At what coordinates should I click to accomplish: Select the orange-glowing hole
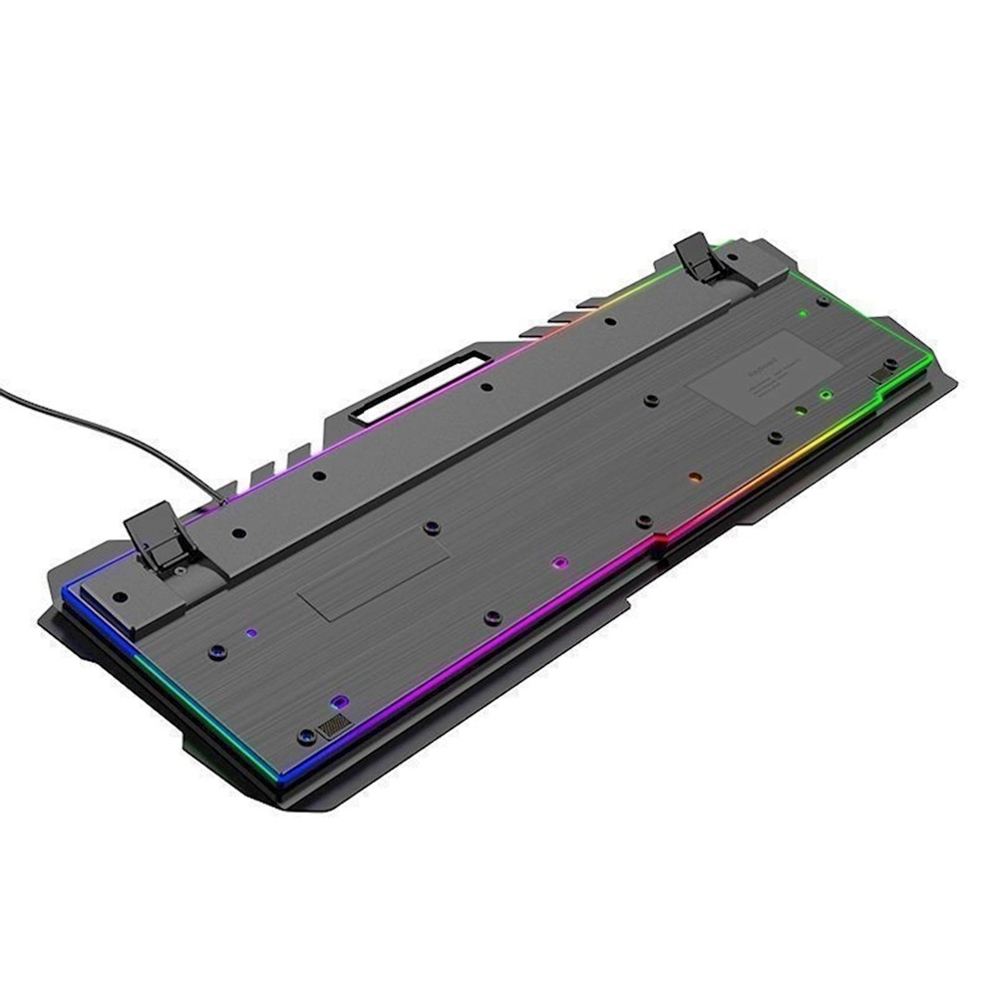[695, 480]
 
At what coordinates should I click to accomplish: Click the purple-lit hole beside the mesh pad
[339, 702]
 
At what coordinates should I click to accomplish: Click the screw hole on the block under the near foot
[120, 596]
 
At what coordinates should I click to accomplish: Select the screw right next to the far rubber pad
[890, 364]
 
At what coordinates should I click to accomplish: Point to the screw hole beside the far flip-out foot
[822, 300]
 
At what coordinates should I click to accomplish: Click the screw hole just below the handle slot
[486, 387]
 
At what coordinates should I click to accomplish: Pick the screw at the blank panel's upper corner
[431, 525]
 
